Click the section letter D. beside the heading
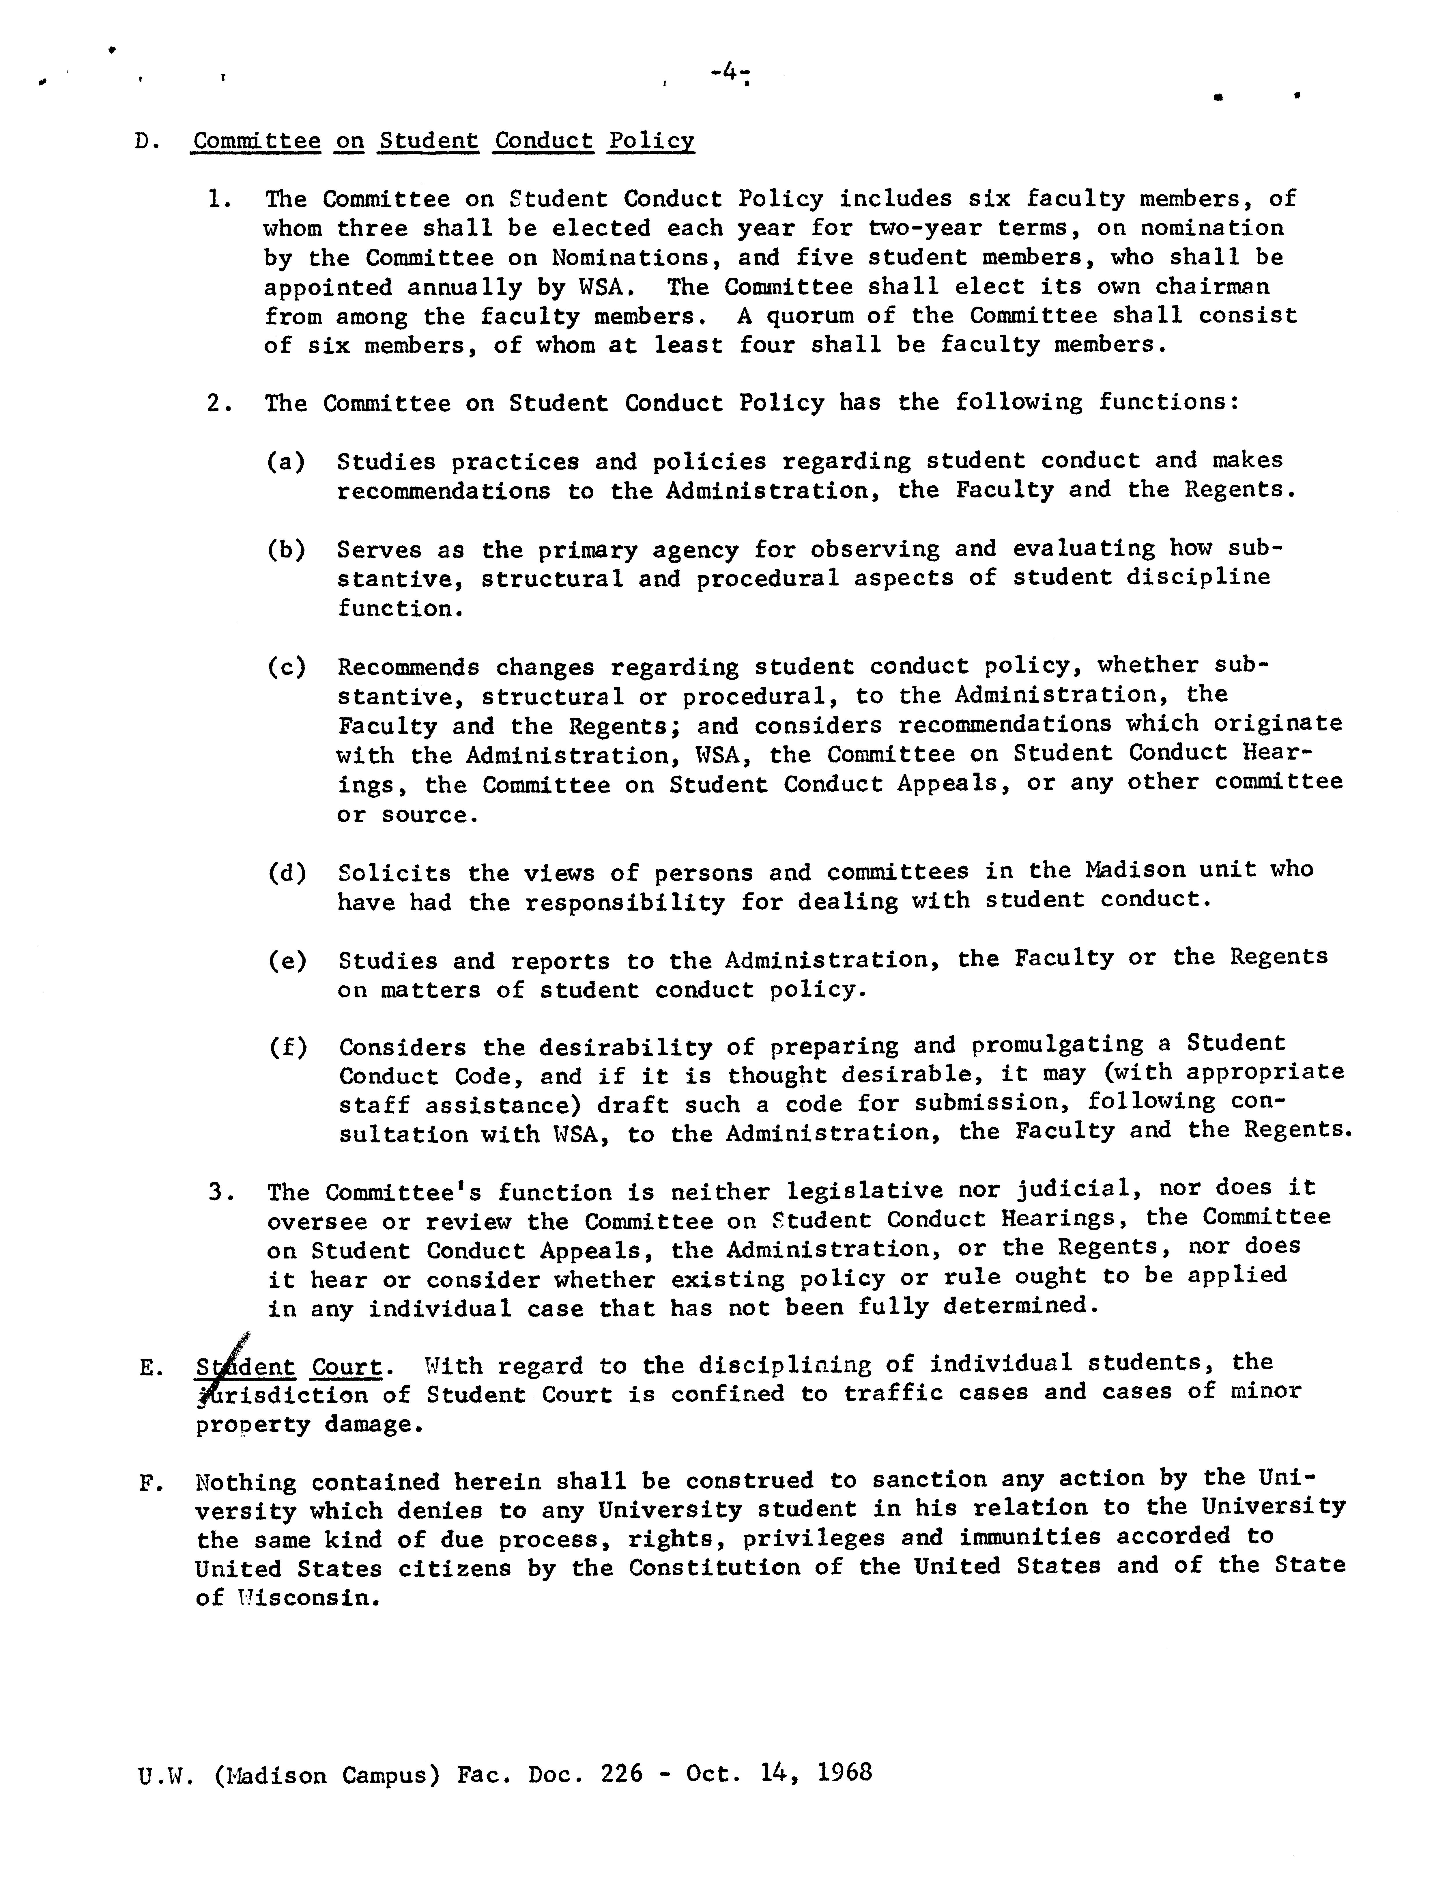145,141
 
